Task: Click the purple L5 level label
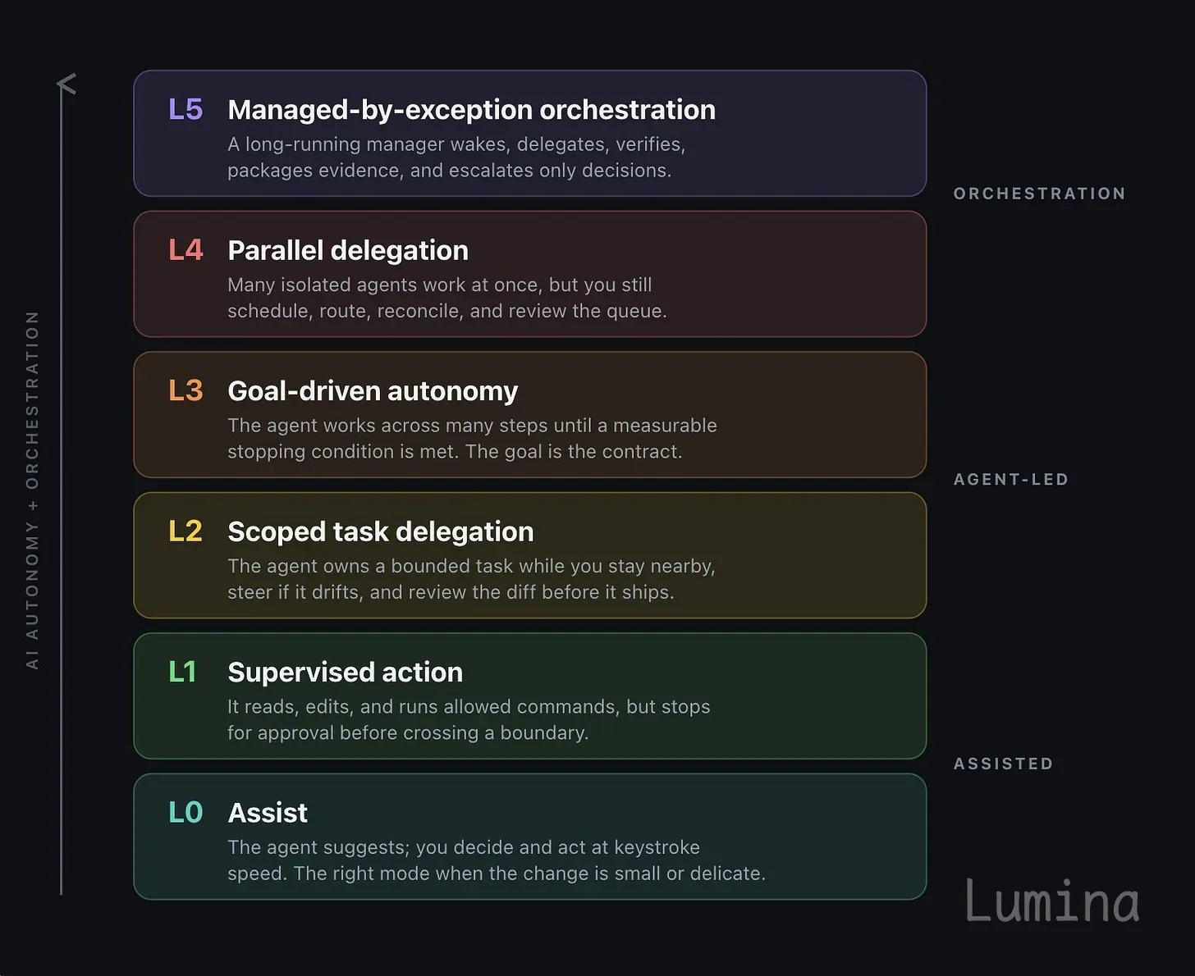click(x=185, y=109)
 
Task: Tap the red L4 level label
click(x=185, y=249)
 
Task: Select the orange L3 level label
click(x=185, y=390)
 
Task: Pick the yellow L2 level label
click(x=185, y=531)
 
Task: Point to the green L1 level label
click(x=182, y=672)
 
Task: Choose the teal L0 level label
click(x=185, y=812)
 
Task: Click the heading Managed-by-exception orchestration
click(x=471, y=110)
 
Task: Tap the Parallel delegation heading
click(x=348, y=250)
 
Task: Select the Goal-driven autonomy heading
click(x=373, y=391)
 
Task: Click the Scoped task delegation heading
click(x=381, y=531)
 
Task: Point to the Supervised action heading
click(x=345, y=672)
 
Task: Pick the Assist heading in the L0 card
click(x=268, y=813)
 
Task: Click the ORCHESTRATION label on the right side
click(x=1039, y=194)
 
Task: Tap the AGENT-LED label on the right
click(x=1011, y=480)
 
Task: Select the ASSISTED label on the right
click(x=1003, y=764)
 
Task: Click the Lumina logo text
click(x=1052, y=901)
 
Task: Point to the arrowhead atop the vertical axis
click(x=66, y=83)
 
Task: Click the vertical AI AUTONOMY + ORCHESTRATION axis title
click(x=32, y=490)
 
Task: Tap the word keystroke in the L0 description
click(x=657, y=847)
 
